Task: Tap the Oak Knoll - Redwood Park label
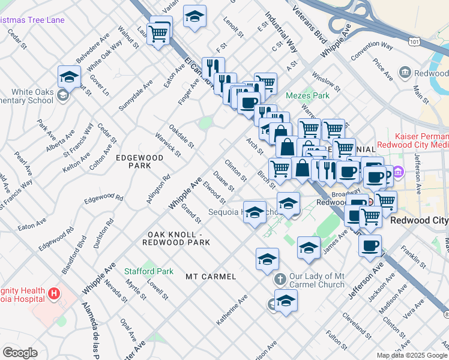176,238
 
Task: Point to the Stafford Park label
149,271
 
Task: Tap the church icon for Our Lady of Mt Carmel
279,280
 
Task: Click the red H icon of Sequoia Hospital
55,293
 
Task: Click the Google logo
20,353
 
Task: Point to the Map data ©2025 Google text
411,355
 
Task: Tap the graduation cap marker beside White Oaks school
70,77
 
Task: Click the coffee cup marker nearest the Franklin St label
370,244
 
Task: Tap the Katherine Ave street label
232,310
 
